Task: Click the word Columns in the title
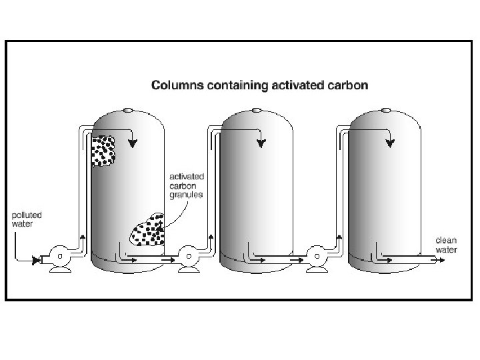point(175,85)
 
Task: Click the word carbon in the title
point(347,85)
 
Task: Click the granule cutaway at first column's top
point(103,151)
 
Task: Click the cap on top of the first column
point(128,109)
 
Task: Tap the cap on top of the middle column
point(258,109)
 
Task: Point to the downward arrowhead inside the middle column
point(262,143)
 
